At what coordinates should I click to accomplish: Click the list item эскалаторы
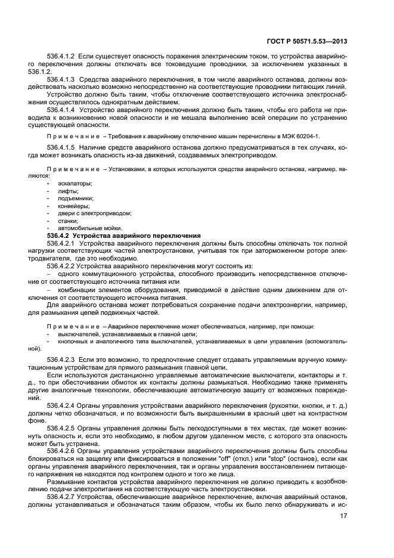point(71,184)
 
